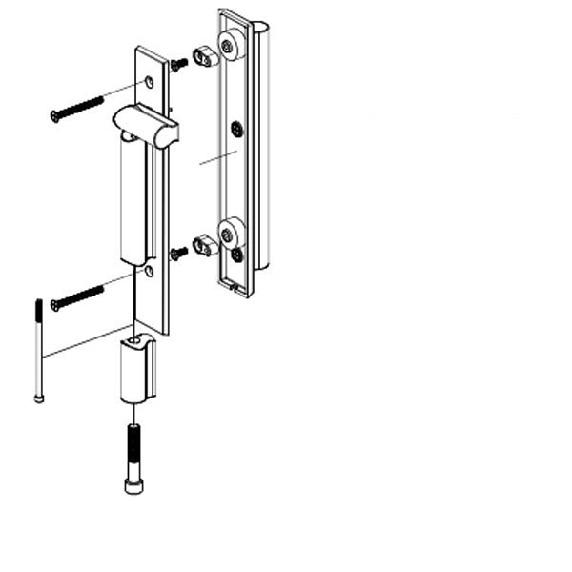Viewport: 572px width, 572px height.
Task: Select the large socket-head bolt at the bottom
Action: coord(134,458)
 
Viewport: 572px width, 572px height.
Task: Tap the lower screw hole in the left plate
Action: coord(148,273)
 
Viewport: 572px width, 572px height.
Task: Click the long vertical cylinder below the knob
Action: coord(135,200)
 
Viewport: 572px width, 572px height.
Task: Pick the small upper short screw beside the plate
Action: coord(179,65)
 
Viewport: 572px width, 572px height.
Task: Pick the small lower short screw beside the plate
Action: coord(179,254)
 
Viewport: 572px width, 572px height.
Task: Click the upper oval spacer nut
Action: coord(204,56)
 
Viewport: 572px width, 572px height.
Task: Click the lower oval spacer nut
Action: coord(204,246)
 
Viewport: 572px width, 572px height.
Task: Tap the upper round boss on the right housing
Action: coord(230,45)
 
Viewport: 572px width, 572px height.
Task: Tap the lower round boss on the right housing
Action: coord(230,233)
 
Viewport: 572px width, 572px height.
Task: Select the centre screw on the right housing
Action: coord(237,128)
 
